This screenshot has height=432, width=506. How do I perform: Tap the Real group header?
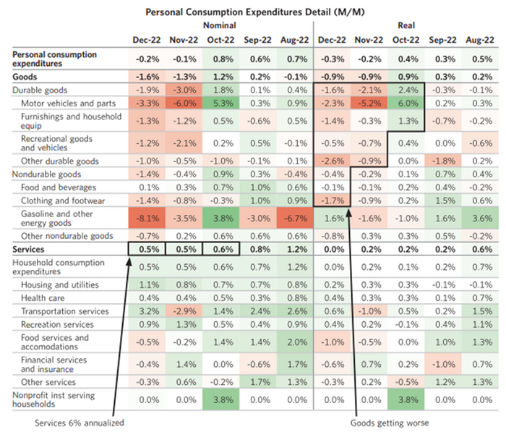(x=406, y=25)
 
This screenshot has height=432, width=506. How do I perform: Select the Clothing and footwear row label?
(x=62, y=200)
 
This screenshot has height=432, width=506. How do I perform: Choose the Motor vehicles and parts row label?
(x=67, y=103)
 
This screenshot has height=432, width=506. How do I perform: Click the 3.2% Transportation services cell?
(x=145, y=311)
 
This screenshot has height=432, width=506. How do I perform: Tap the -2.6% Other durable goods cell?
(x=330, y=160)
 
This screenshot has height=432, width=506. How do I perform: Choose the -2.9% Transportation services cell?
(x=181, y=311)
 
